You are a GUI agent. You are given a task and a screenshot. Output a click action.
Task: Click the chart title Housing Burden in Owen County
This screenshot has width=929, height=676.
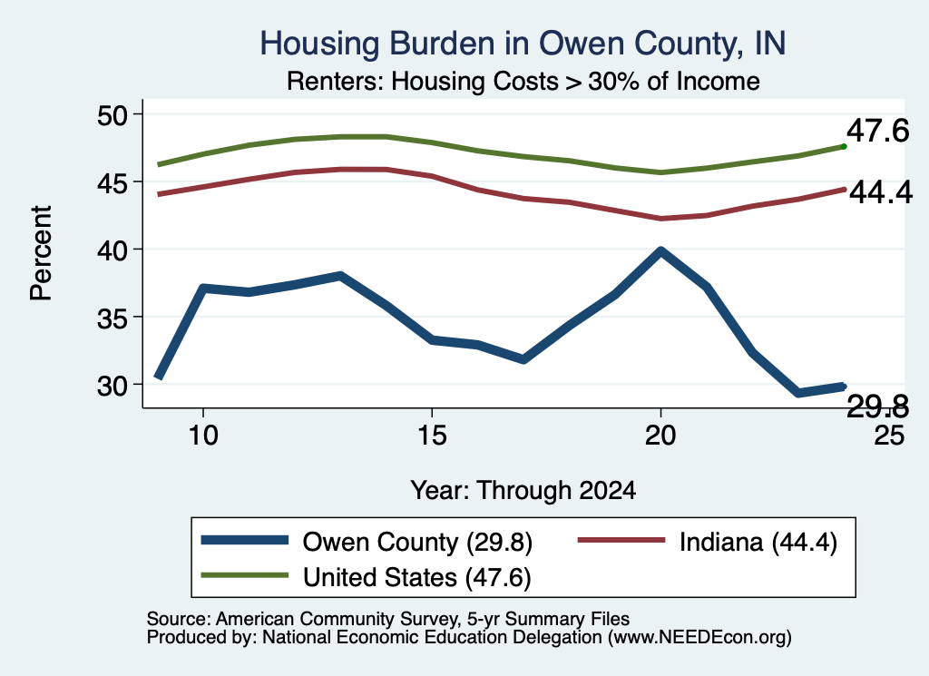pos(523,44)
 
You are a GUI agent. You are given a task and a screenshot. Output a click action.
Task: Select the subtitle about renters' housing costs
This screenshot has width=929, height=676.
pos(523,81)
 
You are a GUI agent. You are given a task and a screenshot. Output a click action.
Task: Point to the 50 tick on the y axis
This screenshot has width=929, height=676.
pos(112,115)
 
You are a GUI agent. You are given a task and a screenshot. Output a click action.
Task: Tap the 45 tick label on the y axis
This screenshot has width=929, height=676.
pos(112,182)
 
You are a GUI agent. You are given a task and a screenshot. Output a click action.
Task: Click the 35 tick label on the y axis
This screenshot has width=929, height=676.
pos(112,318)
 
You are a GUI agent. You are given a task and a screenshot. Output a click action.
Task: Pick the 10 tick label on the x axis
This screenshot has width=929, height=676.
pos(203,436)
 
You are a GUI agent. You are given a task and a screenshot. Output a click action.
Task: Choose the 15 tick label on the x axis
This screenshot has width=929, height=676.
pos(432,436)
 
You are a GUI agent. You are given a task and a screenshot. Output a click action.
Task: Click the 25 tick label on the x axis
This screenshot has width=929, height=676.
pos(889,436)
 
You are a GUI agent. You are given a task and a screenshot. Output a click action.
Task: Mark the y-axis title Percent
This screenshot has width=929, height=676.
pos(41,253)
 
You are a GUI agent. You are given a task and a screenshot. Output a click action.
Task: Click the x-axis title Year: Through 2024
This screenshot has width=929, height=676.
pos(523,491)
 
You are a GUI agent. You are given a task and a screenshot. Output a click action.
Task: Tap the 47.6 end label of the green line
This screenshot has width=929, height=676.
pos(877,131)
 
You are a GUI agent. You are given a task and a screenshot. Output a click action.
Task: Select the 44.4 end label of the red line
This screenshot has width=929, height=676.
pos(881,192)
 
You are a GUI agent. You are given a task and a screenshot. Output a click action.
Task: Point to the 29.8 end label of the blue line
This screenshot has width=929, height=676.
pos(877,407)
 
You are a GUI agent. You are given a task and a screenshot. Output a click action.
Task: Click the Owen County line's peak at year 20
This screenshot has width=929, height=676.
pos(660,250)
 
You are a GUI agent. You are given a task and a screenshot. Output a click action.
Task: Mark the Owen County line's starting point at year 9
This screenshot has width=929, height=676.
pos(159,377)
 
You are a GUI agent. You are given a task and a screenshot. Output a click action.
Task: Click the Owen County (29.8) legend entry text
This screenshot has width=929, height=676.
pos(417,542)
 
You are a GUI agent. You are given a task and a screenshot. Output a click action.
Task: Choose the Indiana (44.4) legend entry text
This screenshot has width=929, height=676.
pos(758,542)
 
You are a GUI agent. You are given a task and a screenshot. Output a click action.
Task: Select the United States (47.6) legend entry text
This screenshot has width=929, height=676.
pos(417,577)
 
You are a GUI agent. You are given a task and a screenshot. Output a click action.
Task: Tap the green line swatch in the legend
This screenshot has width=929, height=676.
pos(245,575)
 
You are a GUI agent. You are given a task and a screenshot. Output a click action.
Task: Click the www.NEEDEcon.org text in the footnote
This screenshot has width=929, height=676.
pos(699,638)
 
